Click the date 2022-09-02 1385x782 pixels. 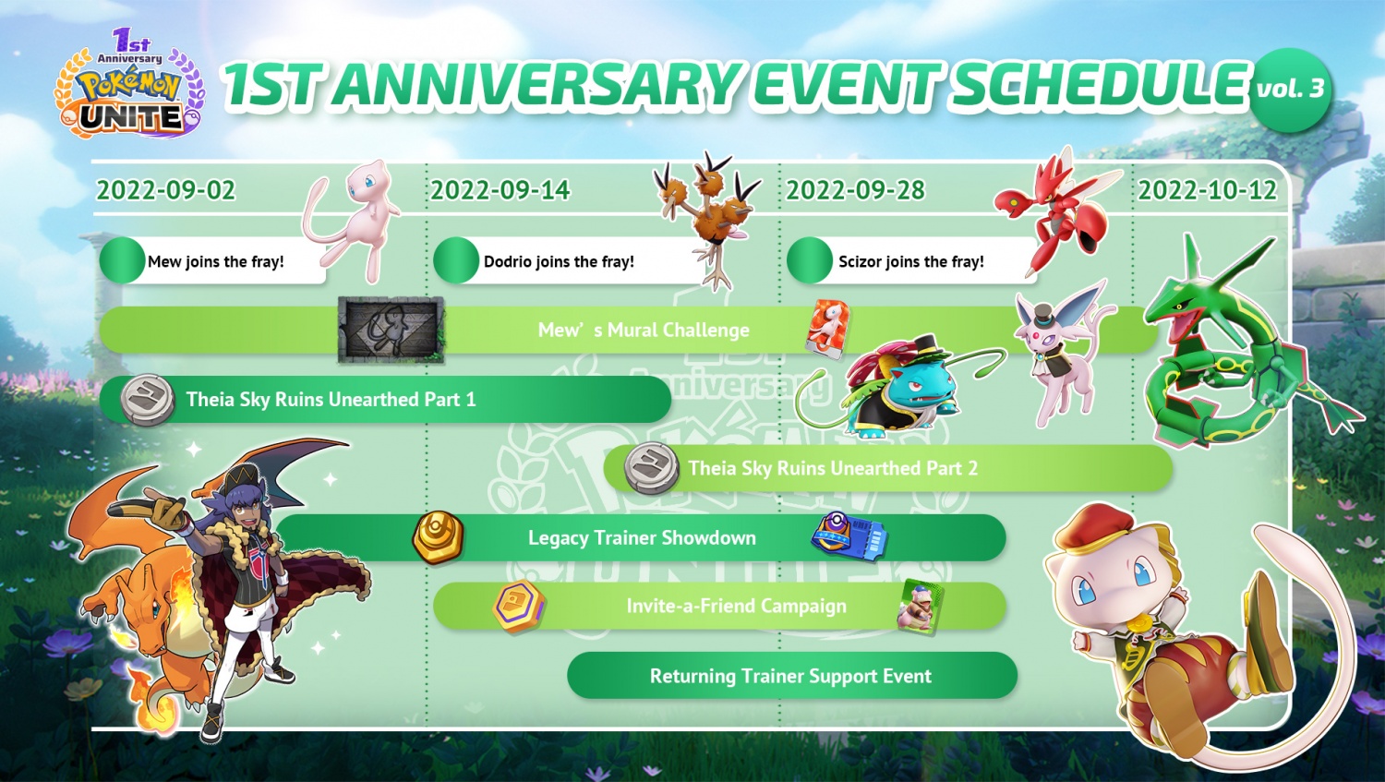click(x=166, y=190)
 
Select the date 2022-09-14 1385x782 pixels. click(x=500, y=190)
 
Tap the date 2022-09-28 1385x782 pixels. click(x=855, y=190)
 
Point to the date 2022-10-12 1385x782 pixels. click(x=1207, y=190)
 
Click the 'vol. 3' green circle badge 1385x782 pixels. click(x=1290, y=90)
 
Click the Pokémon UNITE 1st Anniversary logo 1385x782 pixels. click(x=130, y=88)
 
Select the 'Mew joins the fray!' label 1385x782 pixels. click(x=215, y=261)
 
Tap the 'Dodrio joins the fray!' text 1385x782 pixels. click(x=559, y=261)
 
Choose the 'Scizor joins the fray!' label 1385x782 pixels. click(x=910, y=261)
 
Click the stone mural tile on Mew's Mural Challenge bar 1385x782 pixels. click(x=391, y=330)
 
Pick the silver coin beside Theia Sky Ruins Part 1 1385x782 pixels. click(x=148, y=399)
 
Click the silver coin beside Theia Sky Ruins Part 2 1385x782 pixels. click(x=651, y=467)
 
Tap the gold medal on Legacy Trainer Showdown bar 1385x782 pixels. click(x=437, y=536)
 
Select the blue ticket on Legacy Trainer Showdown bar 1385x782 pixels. click(x=849, y=535)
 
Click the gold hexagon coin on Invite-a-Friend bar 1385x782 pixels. click(x=518, y=607)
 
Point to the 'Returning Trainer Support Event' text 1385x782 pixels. click(x=790, y=676)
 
